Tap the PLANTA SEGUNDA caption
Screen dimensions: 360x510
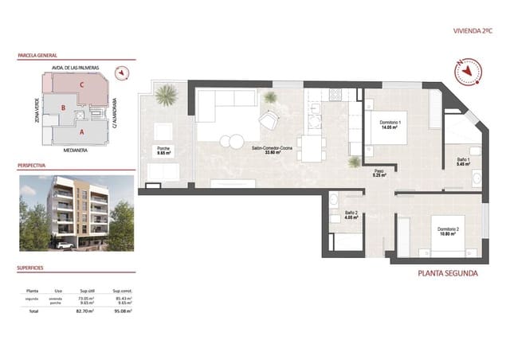click(448, 273)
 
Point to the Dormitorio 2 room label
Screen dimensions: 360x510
click(449, 233)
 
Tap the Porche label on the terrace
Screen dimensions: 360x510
click(163, 151)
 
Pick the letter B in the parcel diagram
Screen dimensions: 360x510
click(63, 108)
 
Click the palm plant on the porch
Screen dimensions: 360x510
click(166, 96)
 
